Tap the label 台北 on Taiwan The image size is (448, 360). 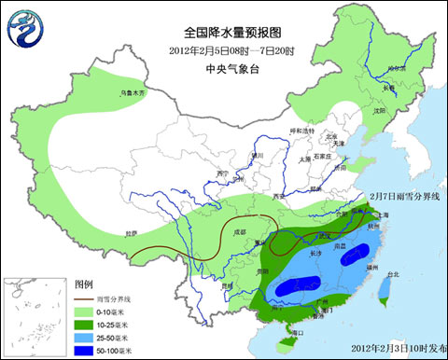pos(392,275)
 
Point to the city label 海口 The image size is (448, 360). pos(297,332)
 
